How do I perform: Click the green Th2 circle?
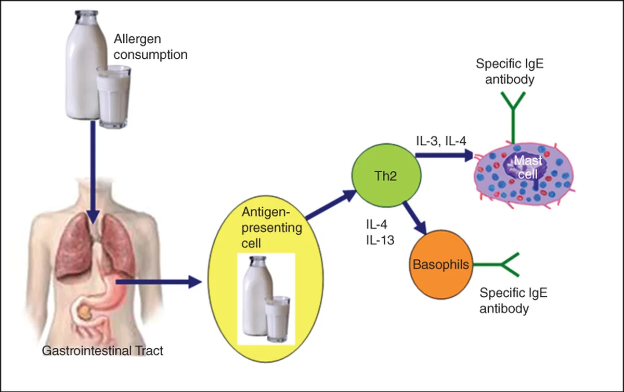[x=386, y=175]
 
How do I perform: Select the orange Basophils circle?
[x=441, y=264]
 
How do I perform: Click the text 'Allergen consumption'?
[x=150, y=46]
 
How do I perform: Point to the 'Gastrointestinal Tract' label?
[x=102, y=350]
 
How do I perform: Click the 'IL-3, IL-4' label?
[x=441, y=141]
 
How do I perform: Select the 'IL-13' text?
[x=380, y=241]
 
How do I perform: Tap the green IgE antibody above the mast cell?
[x=513, y=118]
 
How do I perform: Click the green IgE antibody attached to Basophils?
[x=497, y=264]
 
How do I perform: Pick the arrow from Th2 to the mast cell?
[x=444, y=155]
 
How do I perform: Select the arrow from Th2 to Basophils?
[x=415, y=218]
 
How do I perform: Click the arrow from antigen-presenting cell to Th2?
[x=331, y=205]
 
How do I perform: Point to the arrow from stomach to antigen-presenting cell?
[x=159, y=282]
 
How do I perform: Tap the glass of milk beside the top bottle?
[x=113, y=96]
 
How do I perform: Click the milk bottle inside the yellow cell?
[x=257, y=296]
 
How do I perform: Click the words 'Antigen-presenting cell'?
[x=271, y=227]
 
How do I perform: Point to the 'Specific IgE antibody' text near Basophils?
[x=513, y=300]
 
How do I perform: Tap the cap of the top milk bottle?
[x=86, y=14]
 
